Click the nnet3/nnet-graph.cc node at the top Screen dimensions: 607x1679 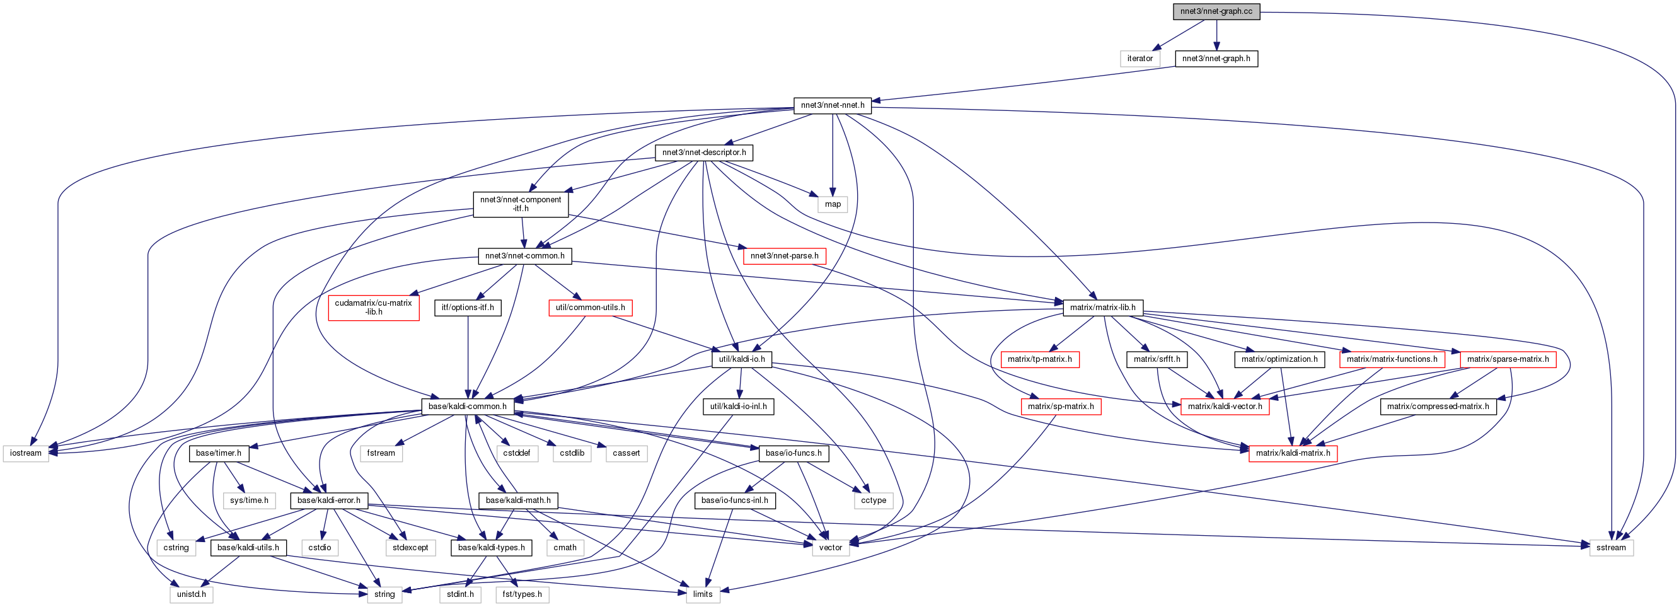(1216, 12)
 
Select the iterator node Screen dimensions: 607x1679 (1140, 59)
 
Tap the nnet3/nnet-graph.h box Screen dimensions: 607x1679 (1216, 59)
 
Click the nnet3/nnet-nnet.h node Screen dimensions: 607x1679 (833, 106)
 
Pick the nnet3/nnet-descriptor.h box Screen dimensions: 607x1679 (704, 153)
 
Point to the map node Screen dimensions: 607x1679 (833, 204)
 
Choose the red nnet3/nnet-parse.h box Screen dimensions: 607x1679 (784, 255)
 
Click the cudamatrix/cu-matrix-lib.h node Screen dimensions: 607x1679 (374, 307)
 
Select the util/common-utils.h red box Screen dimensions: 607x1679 (590, 308)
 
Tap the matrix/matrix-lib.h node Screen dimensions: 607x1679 (1102, 308)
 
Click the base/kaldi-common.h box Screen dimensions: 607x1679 (467, 406)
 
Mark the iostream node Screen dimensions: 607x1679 (26, 453)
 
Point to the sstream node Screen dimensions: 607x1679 (1611, 548)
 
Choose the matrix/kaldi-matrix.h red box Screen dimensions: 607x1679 (1293, 453)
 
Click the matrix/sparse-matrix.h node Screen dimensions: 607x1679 (1508, 359)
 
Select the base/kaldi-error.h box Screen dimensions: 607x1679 (328, 500)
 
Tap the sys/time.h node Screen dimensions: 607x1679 (249, 500)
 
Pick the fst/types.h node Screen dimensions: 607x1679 (522, 594)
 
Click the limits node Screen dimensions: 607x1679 (703, 594)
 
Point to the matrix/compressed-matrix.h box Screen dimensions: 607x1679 (1438, 406)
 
